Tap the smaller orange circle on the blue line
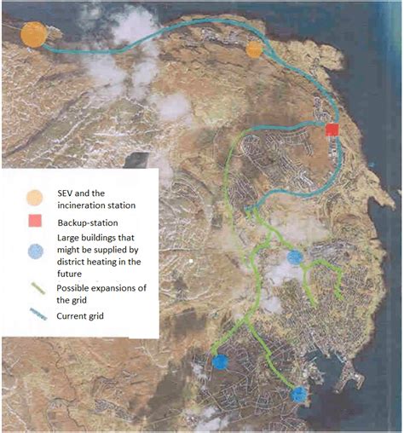pyautogui.click(x=254, y=50)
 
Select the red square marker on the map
pyautogui.click(x=332, y=130)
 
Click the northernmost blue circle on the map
pyautogui.click(x=295, y=257)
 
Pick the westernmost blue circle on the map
pyautogui.click(x=220, y=361)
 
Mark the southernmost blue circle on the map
pyautogui.click(x=298, y=394)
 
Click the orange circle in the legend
pyautogui.click(x=34, y=196)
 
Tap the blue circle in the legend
pyautogui.click(x=34, y=251)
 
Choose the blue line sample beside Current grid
pyautogui.click(x=34, y=317)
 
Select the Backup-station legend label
pyautogui.click(x=90, y=222)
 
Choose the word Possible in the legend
pyautogui.click(x=76, y=288)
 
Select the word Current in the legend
pyautogui.click(x=73, y=316)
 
